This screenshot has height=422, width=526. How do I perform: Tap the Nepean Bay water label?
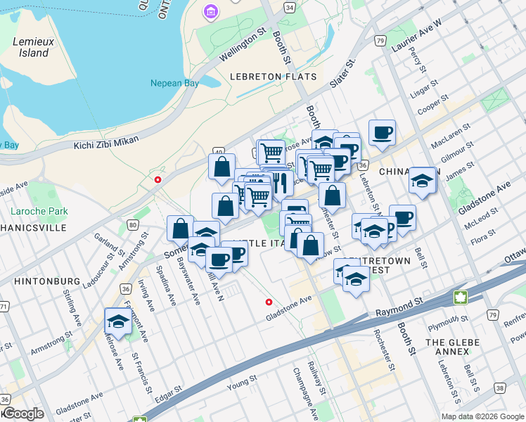pos(175,83)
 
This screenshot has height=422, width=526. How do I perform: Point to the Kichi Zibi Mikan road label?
pos(105,145)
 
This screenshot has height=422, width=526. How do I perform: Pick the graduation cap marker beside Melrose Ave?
pos(117,322)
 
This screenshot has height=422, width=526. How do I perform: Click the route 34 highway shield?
pos(290,7)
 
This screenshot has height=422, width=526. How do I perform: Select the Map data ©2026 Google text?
pos(482,416)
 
